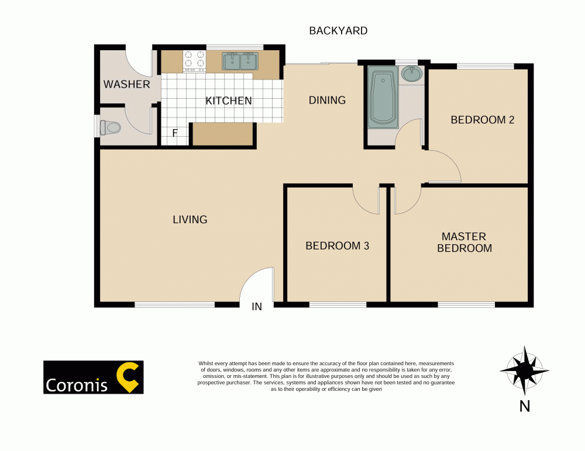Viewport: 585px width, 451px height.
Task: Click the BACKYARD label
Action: point(338,31)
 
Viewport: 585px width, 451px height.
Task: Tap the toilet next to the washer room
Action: point(110,127)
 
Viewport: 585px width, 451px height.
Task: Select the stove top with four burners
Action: point(194,61)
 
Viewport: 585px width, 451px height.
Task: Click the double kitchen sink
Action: point(240,61)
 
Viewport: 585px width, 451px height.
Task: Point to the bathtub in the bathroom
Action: point(383,98)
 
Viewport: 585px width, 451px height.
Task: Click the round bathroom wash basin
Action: point(412,74)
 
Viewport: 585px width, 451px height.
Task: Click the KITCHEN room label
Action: point(228,101)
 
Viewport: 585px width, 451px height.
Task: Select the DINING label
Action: point(327,100)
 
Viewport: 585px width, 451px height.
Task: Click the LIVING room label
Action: point(190,220)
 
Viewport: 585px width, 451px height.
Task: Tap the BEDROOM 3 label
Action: point(337,246)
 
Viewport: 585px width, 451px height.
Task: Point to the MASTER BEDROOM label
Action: point(464,242)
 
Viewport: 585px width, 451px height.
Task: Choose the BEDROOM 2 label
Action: point(482,120)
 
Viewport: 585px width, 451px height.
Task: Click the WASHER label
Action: point(126,84)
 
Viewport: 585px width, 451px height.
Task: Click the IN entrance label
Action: point(257,307)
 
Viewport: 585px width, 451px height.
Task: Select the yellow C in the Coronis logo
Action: point(129,377)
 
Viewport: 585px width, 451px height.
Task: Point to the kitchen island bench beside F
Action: point(223,134)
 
